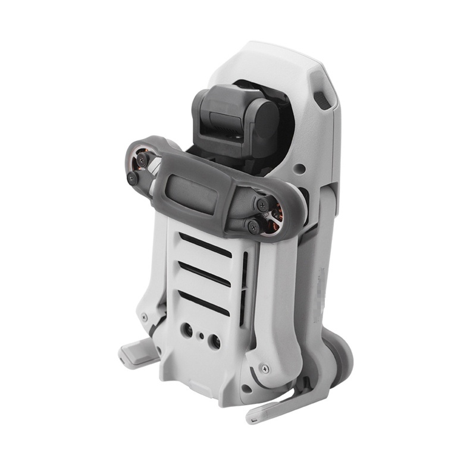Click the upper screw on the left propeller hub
(x=142, y=160)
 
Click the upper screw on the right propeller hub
(x=262, y=204)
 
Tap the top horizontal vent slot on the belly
(x=205, y=245)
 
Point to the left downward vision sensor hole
(x=187, y=328)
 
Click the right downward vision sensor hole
(x=215, y=342)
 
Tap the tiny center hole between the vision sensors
(x=202, y=336)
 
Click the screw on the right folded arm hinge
(x=265, y=369)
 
